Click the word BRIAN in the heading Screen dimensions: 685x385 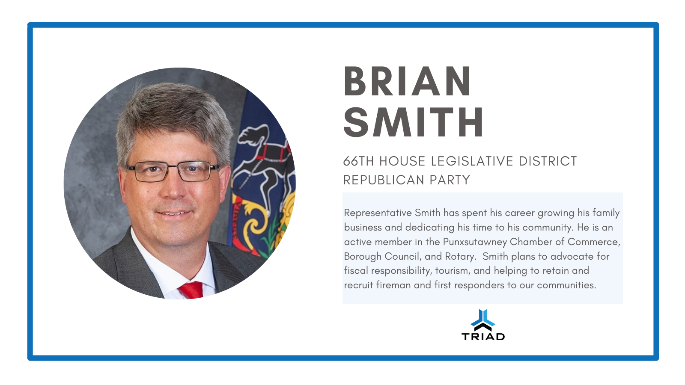coord(407,81)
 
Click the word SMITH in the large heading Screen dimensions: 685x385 coord(413,122)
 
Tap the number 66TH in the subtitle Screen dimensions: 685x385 coord(358,161)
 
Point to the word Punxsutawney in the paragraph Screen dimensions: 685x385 coord(475,242)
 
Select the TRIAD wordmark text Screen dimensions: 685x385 coord(483,337)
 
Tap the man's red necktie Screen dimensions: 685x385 coord(192,290)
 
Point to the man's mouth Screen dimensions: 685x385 coord(173,213)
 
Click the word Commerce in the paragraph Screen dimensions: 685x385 coord(594,242)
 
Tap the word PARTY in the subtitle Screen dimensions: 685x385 coord(450,180)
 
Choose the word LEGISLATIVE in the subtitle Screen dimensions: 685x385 coord(472,161)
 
